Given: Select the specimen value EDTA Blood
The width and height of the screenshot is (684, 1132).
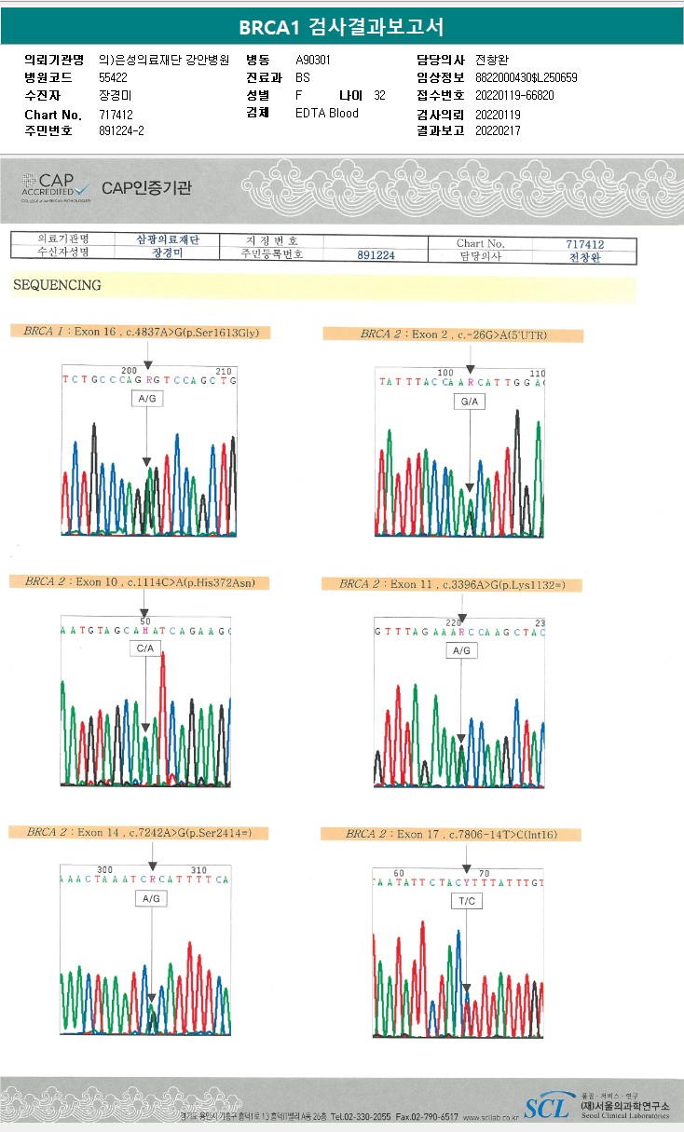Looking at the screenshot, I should point(326,114).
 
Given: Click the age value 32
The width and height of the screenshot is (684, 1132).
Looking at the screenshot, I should point(379,96).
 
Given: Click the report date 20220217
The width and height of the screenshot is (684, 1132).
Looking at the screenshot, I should point(498,131).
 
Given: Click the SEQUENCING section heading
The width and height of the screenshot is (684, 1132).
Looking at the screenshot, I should point(57,285).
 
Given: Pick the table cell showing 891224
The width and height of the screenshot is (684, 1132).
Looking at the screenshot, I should point(376,254).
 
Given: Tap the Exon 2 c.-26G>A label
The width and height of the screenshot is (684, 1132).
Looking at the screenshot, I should point(454,334).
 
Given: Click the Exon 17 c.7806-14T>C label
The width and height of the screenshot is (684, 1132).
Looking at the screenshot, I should point(451,834).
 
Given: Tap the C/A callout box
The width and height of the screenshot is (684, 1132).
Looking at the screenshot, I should point(145,648).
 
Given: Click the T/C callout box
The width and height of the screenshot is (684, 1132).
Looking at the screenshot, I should point(466,901).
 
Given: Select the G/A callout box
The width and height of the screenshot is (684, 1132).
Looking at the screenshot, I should point(469,402).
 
